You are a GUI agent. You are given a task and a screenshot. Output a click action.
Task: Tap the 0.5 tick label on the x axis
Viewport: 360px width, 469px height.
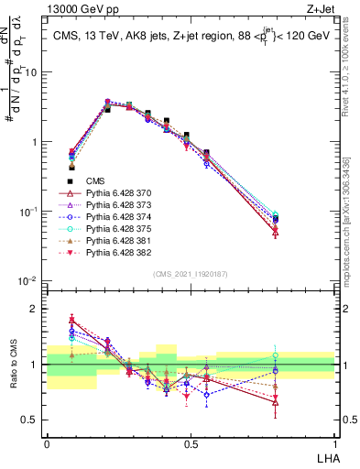[191, 442]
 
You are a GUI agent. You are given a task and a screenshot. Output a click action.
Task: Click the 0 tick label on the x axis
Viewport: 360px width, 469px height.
[47, 442]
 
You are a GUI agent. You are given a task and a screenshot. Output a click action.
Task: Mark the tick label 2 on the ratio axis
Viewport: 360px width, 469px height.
[34, 310]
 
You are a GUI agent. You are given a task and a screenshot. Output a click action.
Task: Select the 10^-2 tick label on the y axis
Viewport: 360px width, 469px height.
[28, 281]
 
